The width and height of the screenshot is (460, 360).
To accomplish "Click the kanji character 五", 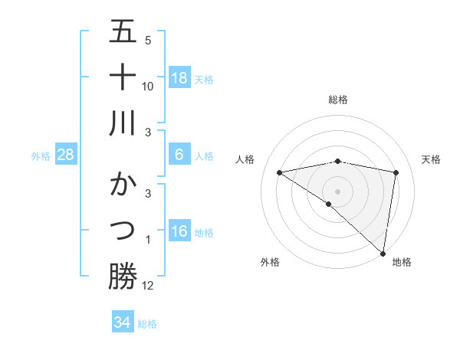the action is pos(123,32).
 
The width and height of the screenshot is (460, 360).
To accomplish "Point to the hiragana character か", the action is pos(123,186).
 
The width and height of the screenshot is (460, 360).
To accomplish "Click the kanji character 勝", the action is pos(123,276).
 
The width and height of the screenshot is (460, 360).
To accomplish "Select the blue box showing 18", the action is pos(179,78).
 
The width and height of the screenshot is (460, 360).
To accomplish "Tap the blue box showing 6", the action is pos(179,155).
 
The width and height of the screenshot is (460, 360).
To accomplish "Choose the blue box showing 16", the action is pos(179,231).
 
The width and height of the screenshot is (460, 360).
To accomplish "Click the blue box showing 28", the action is pos(65,155).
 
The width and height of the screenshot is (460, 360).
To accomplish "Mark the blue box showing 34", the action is pos(122,322).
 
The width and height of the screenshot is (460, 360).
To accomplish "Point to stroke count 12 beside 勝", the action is pos(148,285).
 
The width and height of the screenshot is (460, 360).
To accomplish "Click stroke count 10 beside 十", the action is pos(148,86).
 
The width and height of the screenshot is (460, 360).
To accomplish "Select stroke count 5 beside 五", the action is pos(148,40).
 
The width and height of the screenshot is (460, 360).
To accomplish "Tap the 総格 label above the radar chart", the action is pos(338,100).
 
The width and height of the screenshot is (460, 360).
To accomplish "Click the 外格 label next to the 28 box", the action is pos(41,155).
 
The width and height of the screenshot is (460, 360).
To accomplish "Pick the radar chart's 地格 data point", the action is pos(383,253).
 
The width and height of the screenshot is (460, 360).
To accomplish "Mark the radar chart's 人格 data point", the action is pos(280,172).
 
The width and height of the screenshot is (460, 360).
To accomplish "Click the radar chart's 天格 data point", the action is pos(396,172).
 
